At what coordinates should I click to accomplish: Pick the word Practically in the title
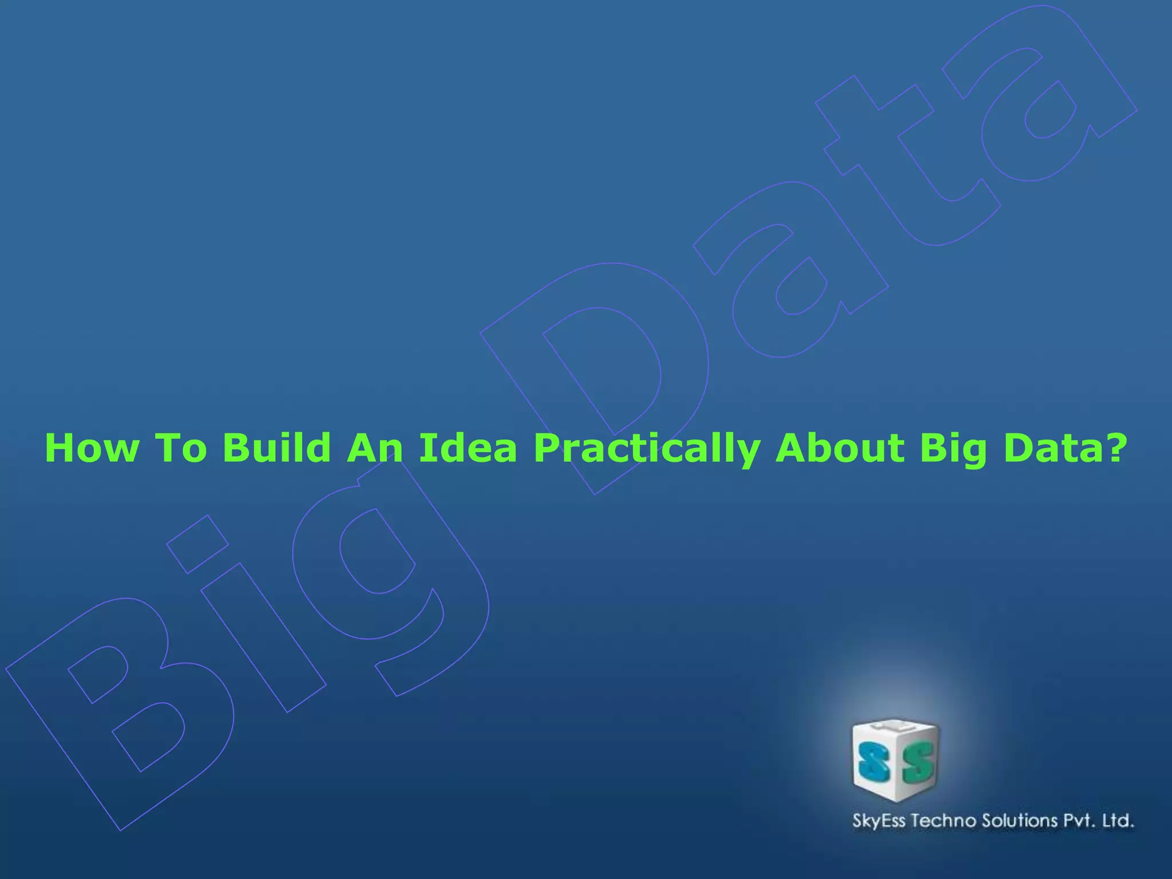(x=647, y=449)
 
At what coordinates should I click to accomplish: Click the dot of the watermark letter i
(x=197, y=544)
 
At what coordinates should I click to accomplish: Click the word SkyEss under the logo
(x=879, y=821)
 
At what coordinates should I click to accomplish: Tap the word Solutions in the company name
(x=1020, y=821)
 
